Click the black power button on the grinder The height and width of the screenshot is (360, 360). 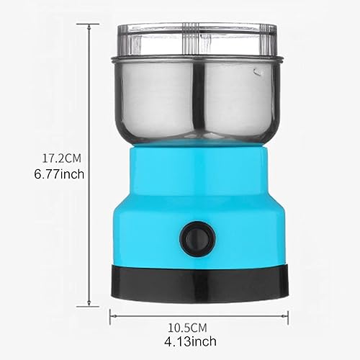(x=197, y=239)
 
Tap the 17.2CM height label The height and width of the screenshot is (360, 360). (x=62, y=158)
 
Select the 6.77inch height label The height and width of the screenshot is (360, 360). (x=59, y=174)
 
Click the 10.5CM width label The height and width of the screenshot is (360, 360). (x=187, y=328)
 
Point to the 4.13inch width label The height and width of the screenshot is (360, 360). (x=190, y=341)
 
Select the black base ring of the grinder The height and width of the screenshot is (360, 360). (x=200, y=283)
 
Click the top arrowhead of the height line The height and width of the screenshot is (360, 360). (x=89, y=27)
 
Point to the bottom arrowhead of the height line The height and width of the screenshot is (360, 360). (x=89, y=303)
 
